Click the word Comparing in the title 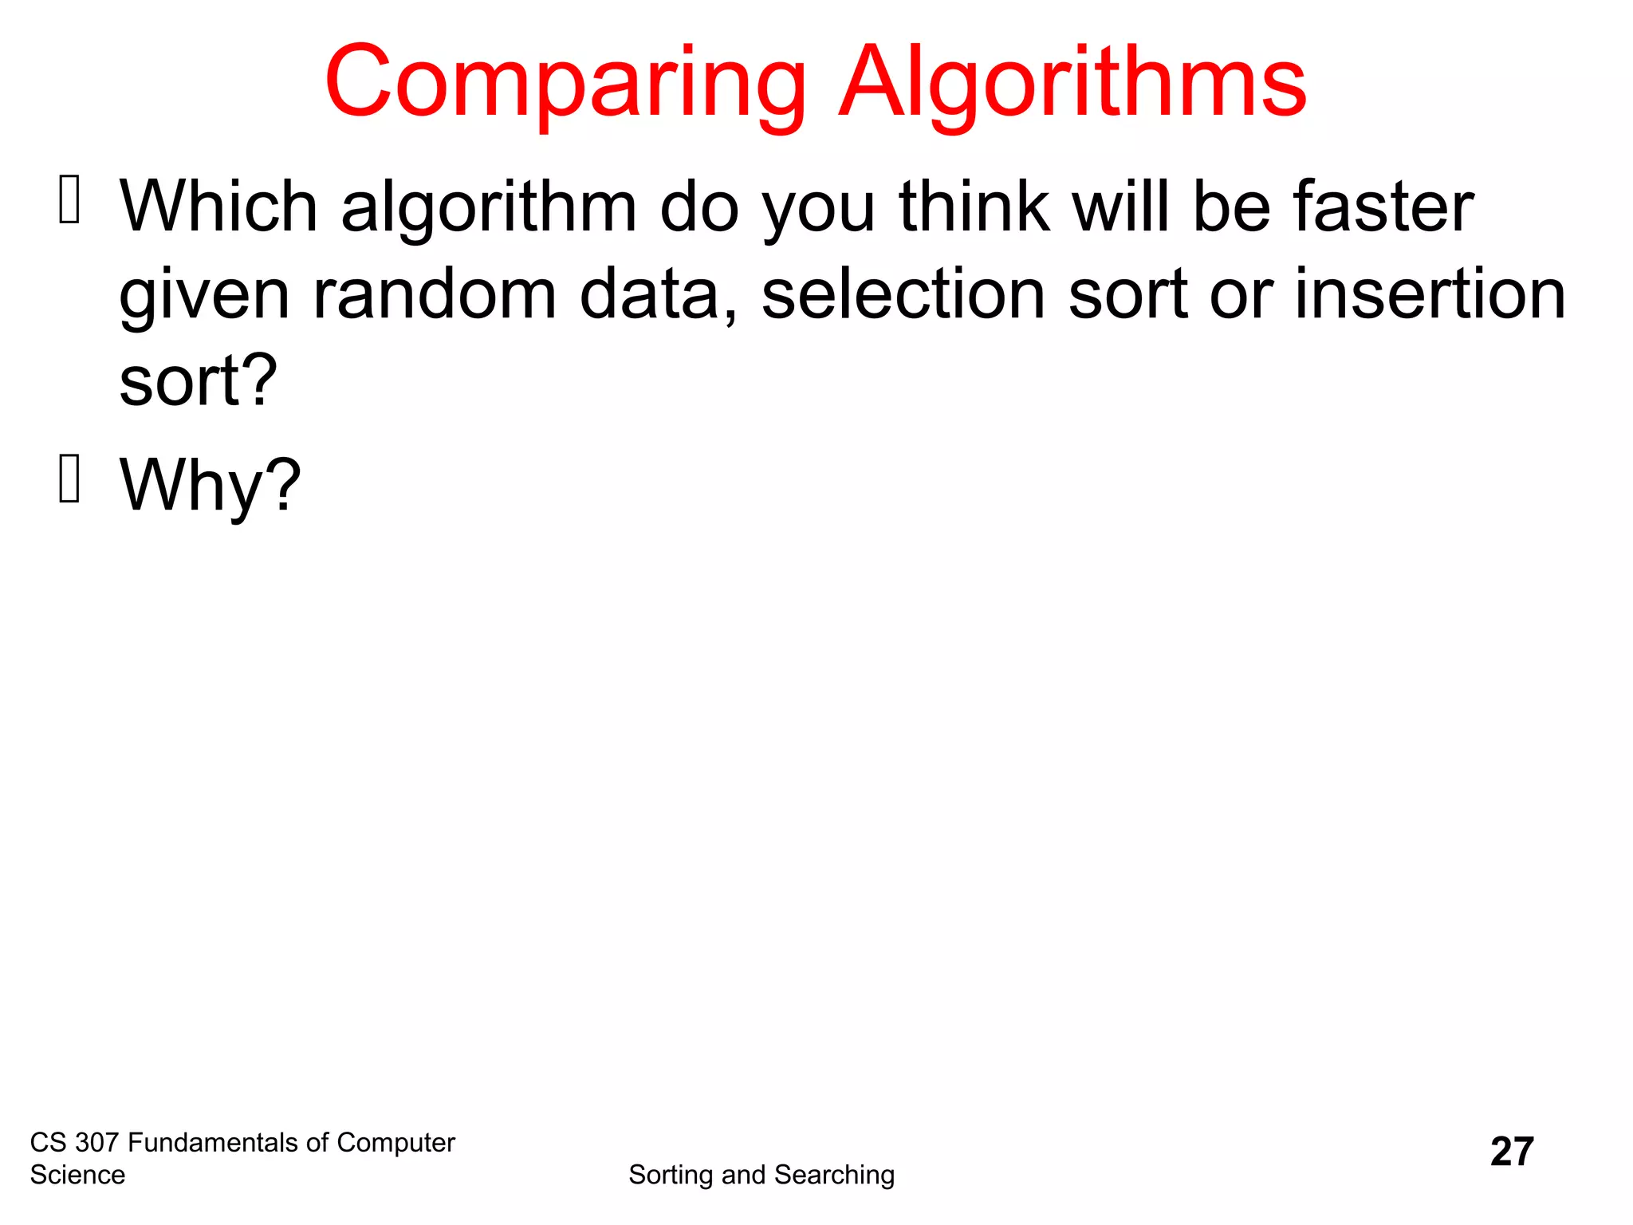[565, 84]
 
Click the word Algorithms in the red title [1072, 84]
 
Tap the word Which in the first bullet [218, 207]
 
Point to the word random [435, 294]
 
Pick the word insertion [1430, 294]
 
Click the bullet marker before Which [70, 199]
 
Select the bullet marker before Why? [70, 479]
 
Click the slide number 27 [1512, 1152]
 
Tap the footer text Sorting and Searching [761, 1175]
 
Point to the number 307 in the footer [96, 1143]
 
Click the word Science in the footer [77, 1175]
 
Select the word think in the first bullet [974, 207]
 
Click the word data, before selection [659, 294]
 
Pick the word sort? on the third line [198, 381]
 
